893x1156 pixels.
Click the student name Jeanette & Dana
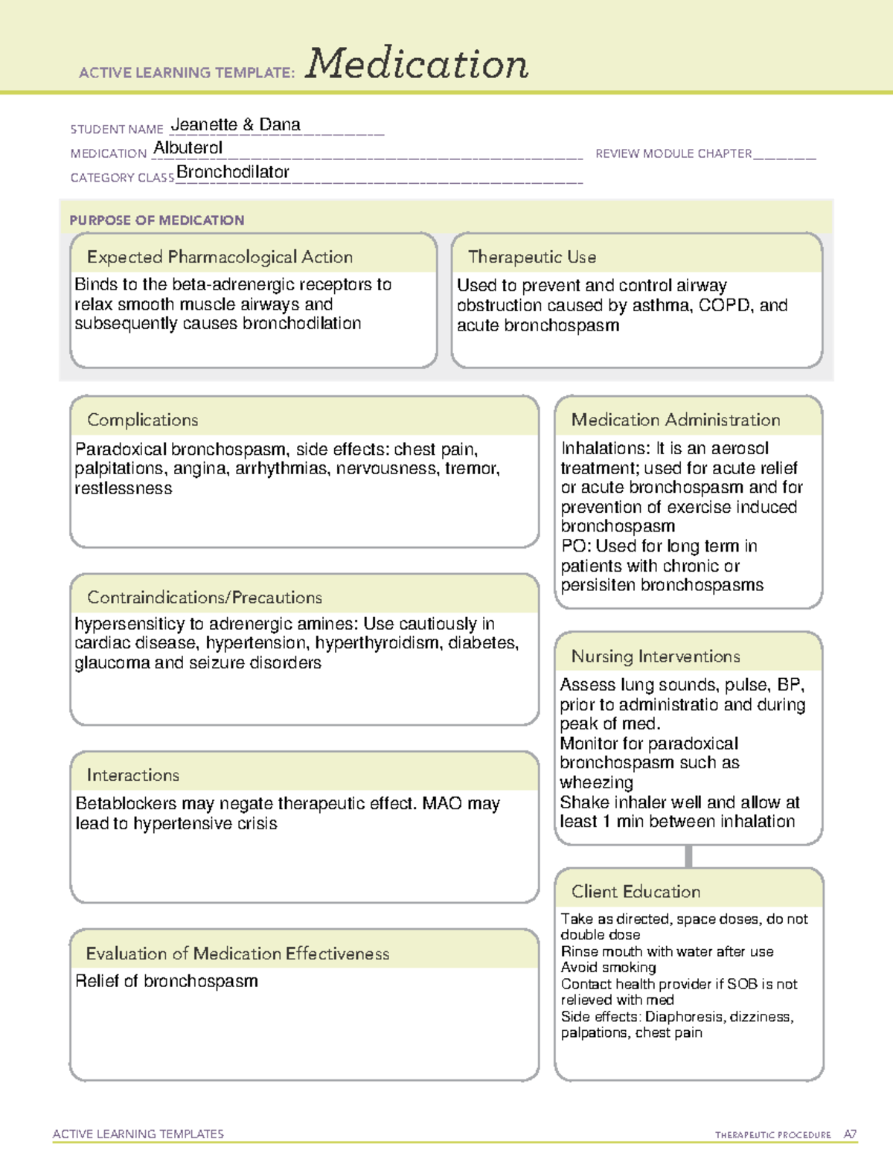[x=235, y=125]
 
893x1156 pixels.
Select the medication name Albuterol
[x=188, y=148]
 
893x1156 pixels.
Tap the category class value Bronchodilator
[x=232, y=172]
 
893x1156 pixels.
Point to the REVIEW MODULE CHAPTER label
[x=673, y=153]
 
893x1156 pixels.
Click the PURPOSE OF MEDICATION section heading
[x=156, y=220]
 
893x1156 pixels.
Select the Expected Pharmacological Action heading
[x=220, y=257]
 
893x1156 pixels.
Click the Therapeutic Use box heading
[x=531, y=257]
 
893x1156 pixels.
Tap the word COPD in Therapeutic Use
[x=725, y=305]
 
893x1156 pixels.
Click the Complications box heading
[x=142, y=420]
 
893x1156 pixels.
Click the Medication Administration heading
[x=675, y=420]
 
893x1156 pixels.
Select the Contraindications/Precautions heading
[x=204, y=597]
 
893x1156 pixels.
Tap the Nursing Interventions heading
[x=655, y=656]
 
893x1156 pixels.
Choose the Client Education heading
[x=636, y=892]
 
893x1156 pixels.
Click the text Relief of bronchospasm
[x=167, y=981]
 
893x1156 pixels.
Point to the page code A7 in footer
[x=850, y=1134]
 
